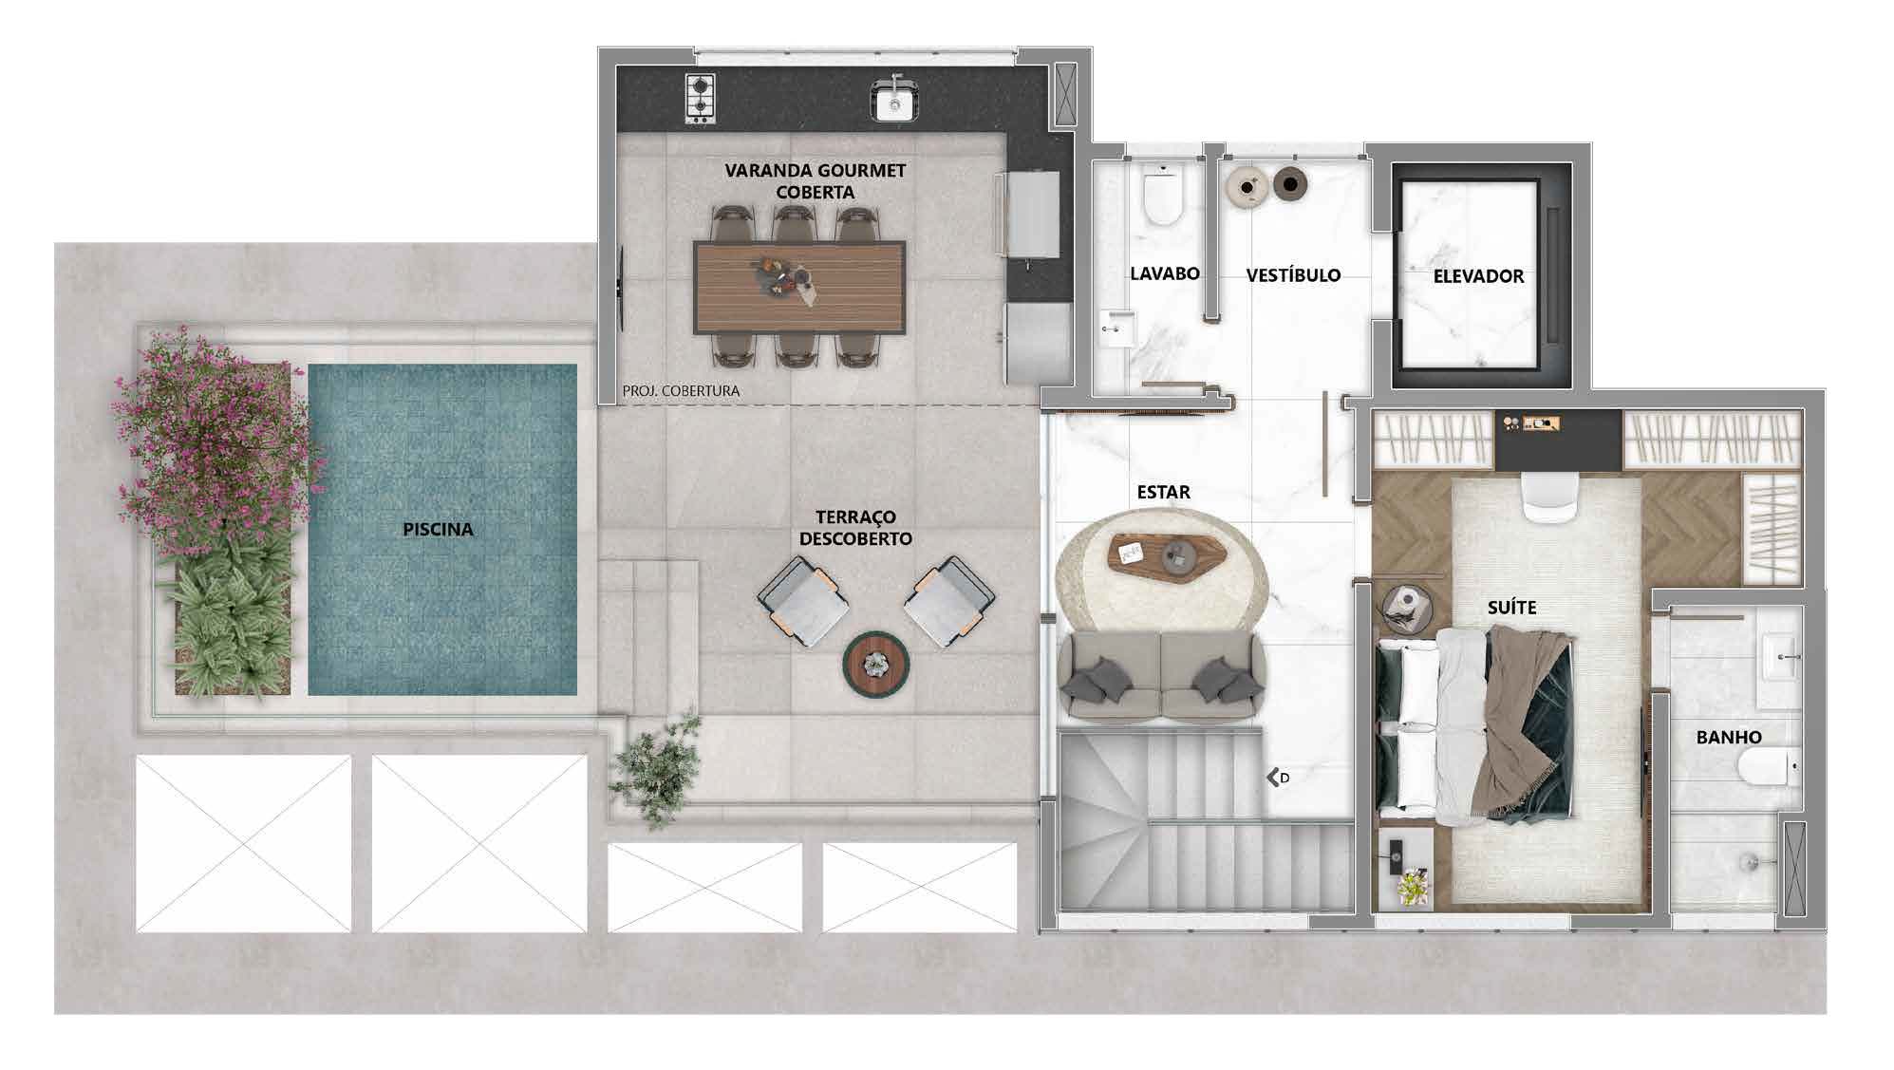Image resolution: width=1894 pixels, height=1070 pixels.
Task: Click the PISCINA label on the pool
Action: (438, 529)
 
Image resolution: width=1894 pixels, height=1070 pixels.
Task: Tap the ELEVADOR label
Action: (1478, 276)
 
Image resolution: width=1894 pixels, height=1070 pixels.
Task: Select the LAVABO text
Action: (1165, 273)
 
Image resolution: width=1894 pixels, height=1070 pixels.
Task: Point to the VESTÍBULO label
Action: (1293, 275)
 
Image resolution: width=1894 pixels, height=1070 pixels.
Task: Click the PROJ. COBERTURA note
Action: (681, 390)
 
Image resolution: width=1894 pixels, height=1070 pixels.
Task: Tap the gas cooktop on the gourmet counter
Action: (700, 99)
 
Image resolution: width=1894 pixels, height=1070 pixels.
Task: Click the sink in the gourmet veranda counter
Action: (893, 101)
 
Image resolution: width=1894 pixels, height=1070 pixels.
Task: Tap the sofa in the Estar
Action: (1161, 675)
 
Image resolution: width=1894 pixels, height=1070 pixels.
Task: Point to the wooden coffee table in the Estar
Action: (1169, 554)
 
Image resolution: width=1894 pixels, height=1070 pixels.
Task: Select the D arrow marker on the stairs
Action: (1278, 778)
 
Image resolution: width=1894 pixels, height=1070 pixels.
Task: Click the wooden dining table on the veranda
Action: (799, 287)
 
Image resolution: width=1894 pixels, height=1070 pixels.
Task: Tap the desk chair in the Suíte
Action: (1550, 497)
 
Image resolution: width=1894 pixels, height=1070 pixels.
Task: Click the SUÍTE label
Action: (1511, 607)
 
